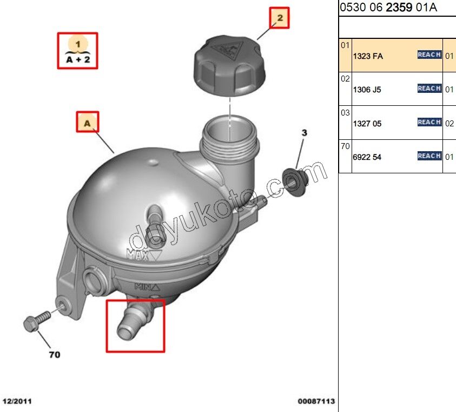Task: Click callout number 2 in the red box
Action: click(280, 18)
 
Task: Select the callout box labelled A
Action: click(88, 122)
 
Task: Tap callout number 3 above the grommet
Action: click(304, 133)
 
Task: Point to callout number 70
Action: click(55, 355)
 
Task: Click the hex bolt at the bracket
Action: click(37, 321)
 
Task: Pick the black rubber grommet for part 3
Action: click(295, 183)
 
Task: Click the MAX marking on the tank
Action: click(138, 255)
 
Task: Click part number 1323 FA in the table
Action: click(368, 56)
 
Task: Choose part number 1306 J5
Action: click(367, 90)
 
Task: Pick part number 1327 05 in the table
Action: click(367, 124)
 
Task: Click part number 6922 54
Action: click(367, 157)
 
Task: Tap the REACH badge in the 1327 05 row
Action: click(429, 122)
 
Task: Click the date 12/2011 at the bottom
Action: click(17, 401)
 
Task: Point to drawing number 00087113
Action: click(316, 401)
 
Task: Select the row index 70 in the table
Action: click(345, 146)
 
